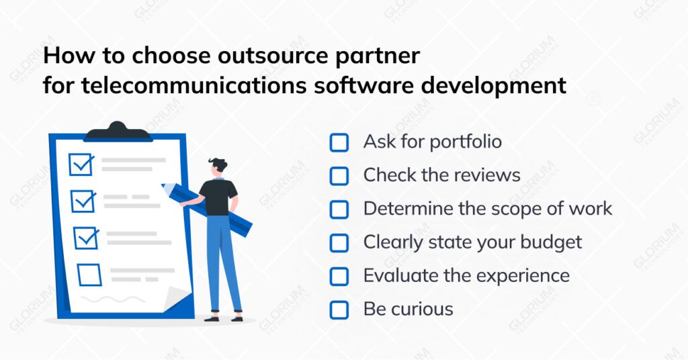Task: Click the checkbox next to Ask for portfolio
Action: (339, 142)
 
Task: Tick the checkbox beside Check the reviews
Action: (339, 176)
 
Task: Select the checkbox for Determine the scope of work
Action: (339, 209)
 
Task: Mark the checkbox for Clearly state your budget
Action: (339, 242)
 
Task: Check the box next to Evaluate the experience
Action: (339, 276)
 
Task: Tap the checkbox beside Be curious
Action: (339, 310)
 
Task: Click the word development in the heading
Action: (495, 87)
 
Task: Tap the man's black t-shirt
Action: (218, 197)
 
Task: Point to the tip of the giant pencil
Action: (163, 186)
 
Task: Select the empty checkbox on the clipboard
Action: (89, 274)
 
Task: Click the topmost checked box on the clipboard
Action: (81, 165)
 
